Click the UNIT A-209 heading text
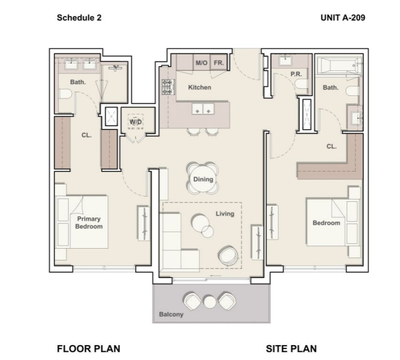(x=343, y=18)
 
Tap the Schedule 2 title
(x=79, y=18)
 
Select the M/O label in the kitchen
(x=202, y=62)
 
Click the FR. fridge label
(x=219, y=62)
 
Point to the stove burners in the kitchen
(x=168, y=87)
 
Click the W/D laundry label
(x=136, y=121)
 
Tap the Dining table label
(x=203, y=179)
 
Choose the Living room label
(x=225, y=214)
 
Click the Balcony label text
(x=171, y=314)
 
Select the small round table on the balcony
(x=210, y=301)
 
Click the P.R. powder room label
(x=296, y=74)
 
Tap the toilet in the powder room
(x=302, y=84)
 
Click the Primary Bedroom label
(x=89, y=223)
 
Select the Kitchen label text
(x=199, y=87)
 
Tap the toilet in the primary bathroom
(x=65, y=94)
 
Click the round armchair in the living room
(x=228, y=256)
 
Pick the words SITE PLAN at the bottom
(x=291, y=349)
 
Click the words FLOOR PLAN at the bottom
(x=88, y=349)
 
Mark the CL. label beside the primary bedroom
(x=87, y=135)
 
